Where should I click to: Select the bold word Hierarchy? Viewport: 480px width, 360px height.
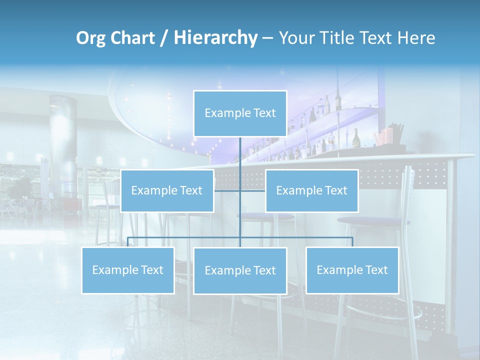click(x=215, y=38)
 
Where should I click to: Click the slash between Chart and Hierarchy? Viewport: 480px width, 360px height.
click(x=164, y=38)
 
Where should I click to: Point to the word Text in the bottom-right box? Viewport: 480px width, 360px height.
click(x=377, y=270)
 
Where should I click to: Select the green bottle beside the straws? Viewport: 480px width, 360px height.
click(x=356, y=138)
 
